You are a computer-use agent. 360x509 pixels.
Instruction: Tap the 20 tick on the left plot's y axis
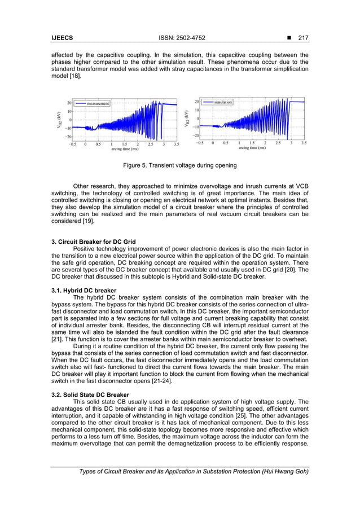[x=68, y=103]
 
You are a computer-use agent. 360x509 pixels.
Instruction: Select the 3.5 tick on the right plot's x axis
[x=304, y=143]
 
